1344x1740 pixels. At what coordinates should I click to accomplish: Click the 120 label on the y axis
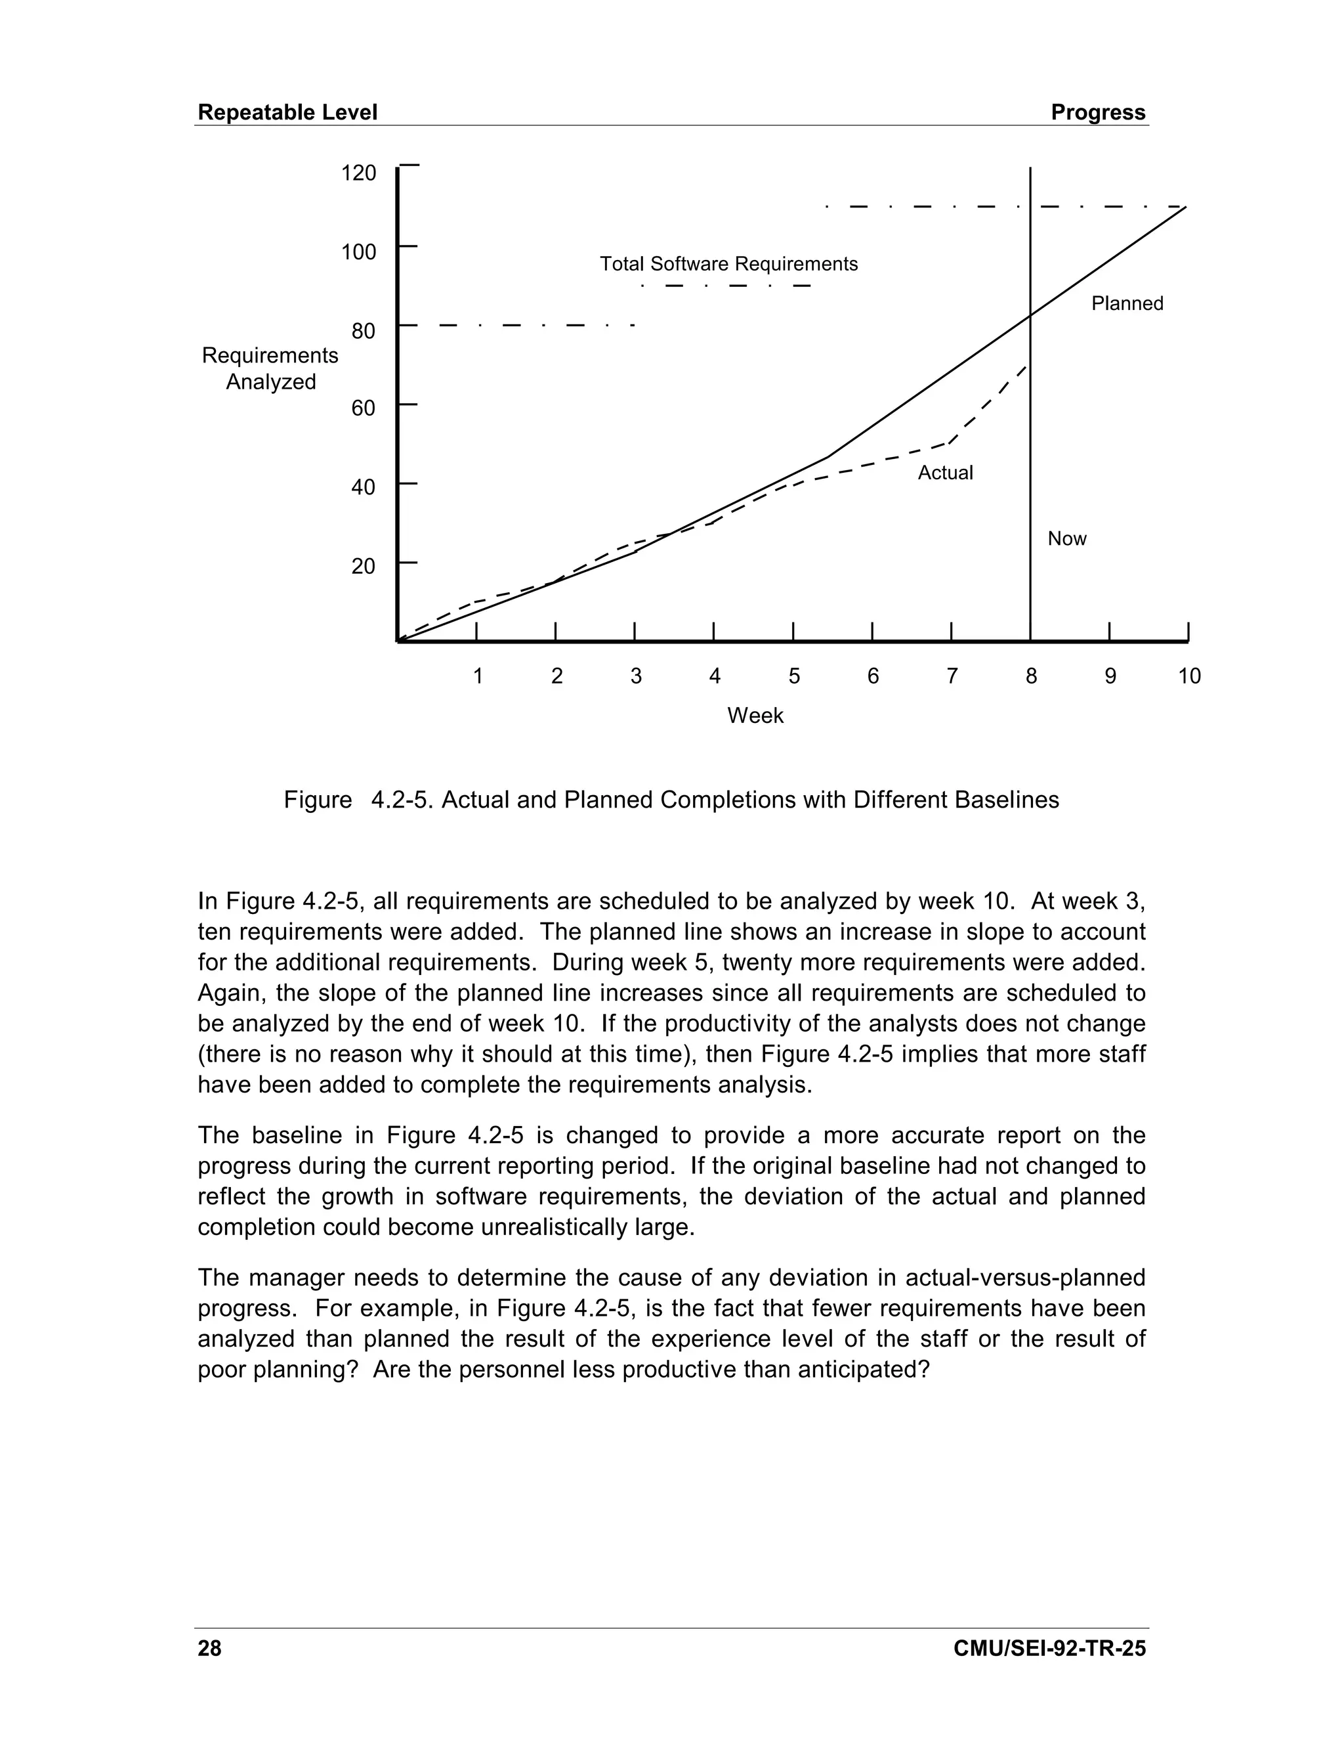[358, 173]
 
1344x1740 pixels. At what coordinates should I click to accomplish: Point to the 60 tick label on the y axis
[363, 408]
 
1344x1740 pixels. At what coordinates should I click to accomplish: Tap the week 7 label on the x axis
[952, 676]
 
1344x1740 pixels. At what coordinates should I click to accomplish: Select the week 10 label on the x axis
[1188, 676]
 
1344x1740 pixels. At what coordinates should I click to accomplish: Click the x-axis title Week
[755, 716]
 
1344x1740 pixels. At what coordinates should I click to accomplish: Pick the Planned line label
[1127, 303]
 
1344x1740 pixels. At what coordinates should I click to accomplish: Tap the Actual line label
[945, 473]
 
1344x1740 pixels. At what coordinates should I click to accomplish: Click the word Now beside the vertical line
[1067, 538]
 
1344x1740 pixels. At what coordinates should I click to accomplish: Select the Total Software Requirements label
[728, 264]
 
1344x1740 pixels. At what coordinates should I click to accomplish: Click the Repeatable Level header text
[287, 112]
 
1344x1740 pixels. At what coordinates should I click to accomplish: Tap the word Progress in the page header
[1098, 112]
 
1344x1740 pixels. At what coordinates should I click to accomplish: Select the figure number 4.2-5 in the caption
[403, 800]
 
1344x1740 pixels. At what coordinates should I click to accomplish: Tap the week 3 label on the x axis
[635, 676]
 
